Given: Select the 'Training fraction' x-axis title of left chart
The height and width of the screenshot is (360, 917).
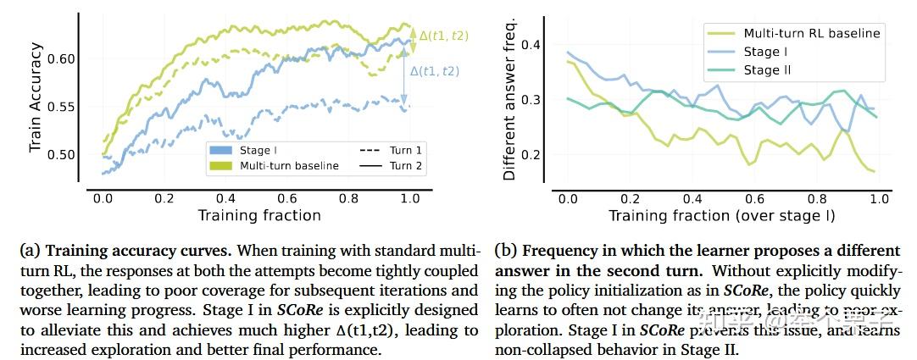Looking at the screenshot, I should [259, 215].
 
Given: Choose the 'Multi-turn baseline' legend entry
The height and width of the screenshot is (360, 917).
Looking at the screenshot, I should [289, 166].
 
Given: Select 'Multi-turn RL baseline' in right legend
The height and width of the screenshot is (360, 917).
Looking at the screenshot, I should [811, 33].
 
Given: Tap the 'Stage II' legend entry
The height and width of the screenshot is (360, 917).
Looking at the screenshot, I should [767, 70].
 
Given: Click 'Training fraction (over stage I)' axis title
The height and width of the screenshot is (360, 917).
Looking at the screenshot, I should [721, 215].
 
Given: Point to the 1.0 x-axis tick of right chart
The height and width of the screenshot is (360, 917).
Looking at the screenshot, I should [879, 198].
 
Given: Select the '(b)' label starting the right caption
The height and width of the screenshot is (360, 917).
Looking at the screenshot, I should [507, 252].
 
